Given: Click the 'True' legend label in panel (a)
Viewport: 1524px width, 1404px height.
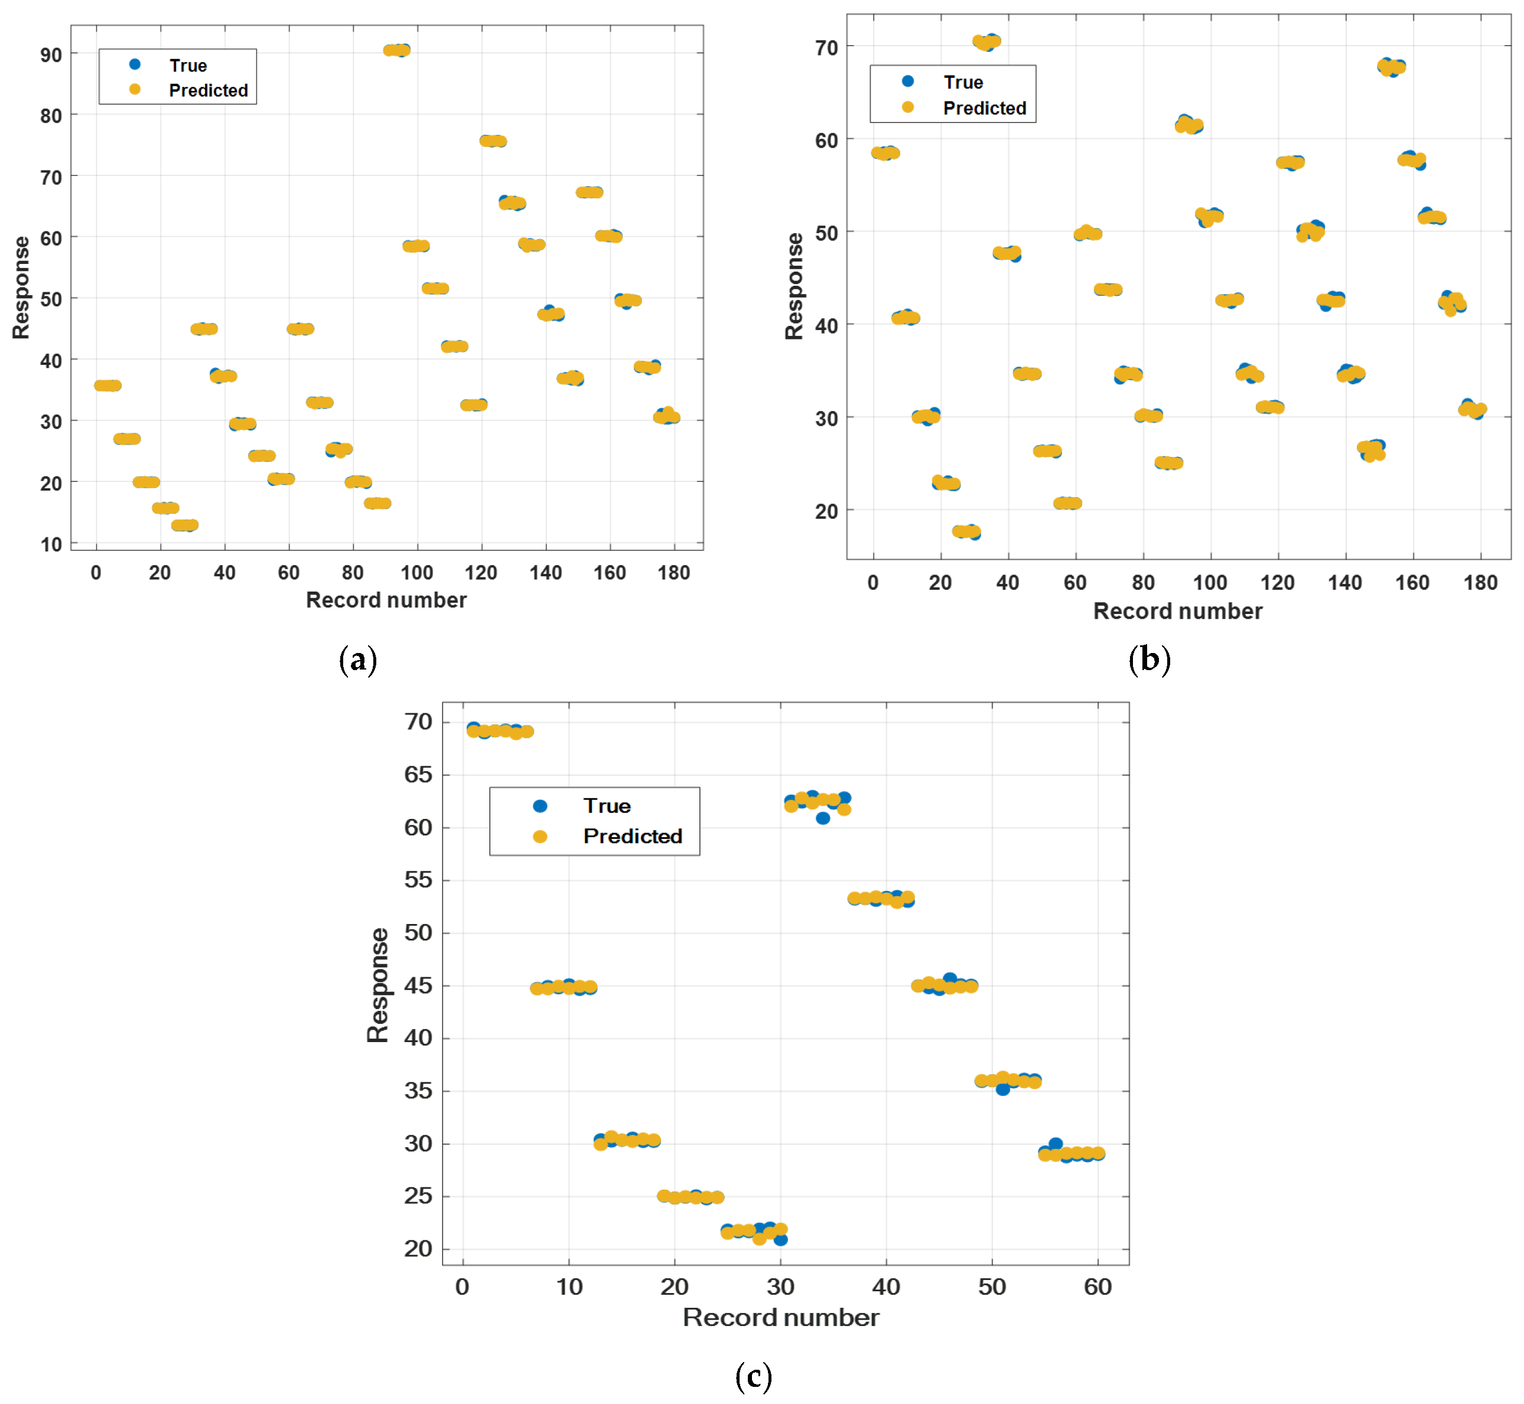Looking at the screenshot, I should click(x=188, y=66).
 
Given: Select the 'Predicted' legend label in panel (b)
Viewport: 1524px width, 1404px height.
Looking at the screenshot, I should click(x=984, y=109).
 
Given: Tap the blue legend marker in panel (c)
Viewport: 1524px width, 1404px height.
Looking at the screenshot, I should click(x=540, y=806).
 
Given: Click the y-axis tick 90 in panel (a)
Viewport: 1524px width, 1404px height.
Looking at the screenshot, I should click(x=51, y=55).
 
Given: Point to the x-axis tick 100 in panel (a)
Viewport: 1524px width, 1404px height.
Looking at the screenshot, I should click(x=416, y=573).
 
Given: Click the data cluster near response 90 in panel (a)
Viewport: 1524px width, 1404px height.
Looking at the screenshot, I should click(x=397, y=50).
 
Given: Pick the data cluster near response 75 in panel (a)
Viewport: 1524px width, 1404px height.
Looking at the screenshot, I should click(x=493, y=141).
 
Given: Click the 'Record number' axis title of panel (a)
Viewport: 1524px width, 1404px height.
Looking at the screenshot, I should click(x=386, y=600).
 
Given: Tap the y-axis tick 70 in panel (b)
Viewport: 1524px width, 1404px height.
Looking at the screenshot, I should click(x=826, y=48).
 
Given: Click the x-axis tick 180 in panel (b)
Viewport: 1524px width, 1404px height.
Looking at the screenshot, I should click(x=1480, y=583).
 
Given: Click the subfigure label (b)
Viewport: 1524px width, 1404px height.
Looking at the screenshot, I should click(x=1149, y=659).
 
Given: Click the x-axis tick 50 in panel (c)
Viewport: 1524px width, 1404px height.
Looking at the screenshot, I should click(x=992, y=1287).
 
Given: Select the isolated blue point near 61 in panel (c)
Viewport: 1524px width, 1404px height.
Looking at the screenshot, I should click(x=822, y=818).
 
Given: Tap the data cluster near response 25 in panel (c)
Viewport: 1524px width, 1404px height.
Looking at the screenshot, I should click(x=690, y=1197).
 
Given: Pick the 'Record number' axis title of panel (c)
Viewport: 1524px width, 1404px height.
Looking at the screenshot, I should click(x=781, y=1317).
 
